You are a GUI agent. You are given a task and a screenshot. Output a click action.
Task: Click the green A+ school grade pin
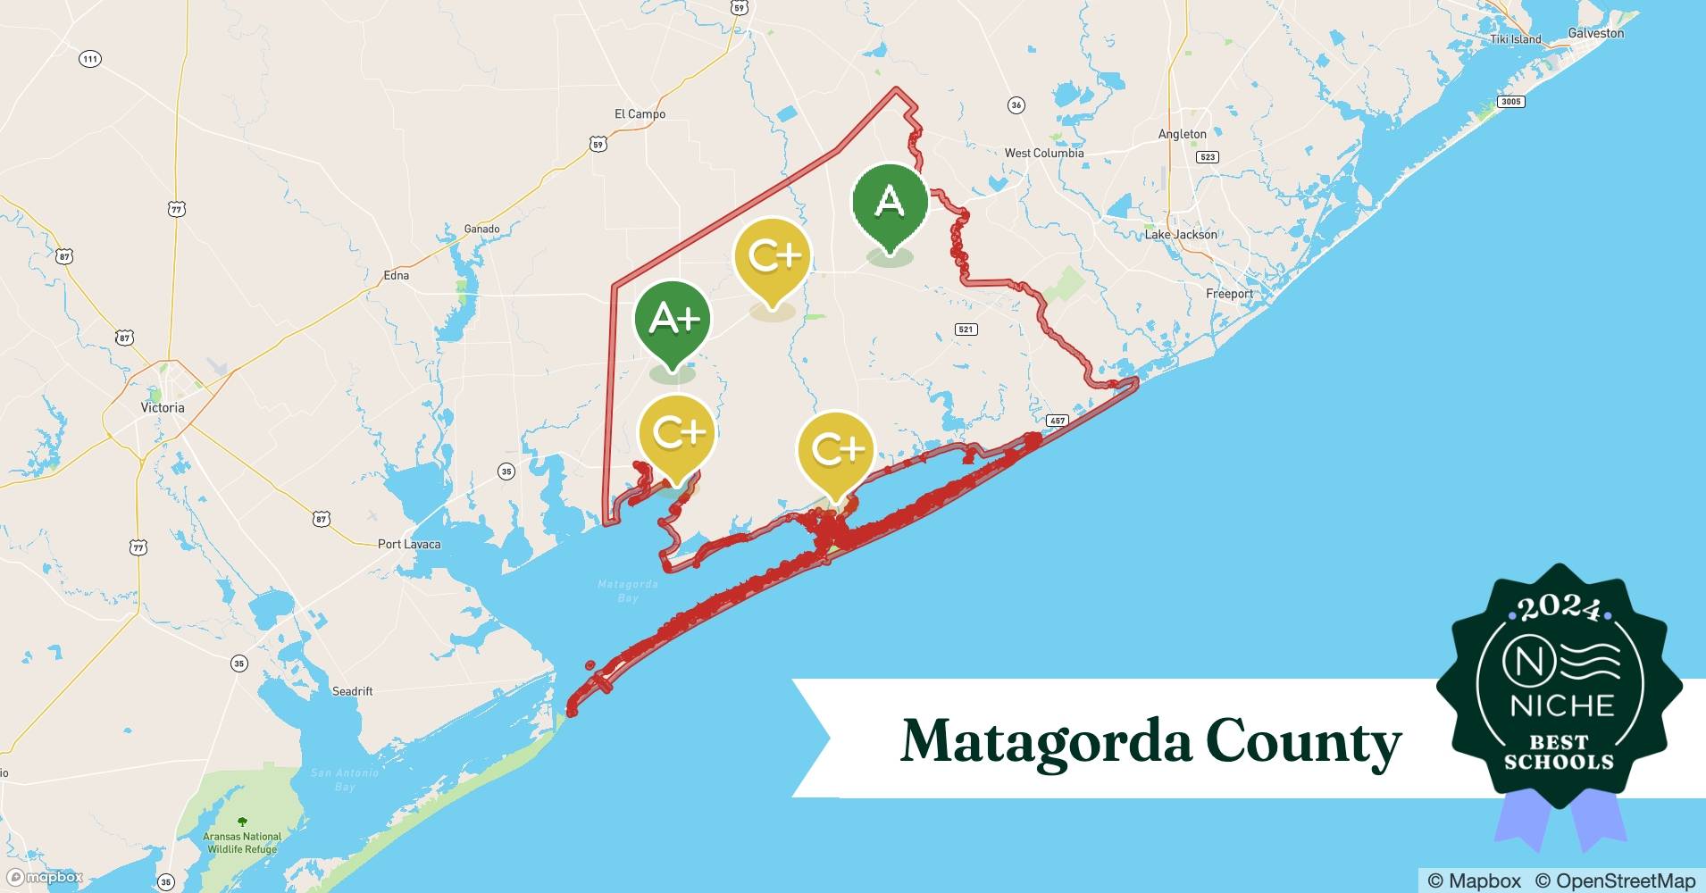pos(673,319)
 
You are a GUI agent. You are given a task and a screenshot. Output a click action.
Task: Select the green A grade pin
pos(890,203)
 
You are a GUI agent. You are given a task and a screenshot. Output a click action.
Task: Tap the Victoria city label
pos(163,408)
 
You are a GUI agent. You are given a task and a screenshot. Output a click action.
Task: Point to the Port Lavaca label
pos(408,544)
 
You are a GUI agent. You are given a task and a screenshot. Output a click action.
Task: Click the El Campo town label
pos(640,114)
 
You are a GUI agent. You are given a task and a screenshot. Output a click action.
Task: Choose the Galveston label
pos(1596,33)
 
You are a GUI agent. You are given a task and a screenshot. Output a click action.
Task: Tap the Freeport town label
pos(1229,294)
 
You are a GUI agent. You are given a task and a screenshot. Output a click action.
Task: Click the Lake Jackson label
pos(1181,235)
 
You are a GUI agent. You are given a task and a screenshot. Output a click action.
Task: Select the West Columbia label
pos(1044,153)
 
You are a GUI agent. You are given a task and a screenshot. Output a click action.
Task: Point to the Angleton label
pos(1182,134)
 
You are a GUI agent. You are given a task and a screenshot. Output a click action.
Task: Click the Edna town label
pos(396,276)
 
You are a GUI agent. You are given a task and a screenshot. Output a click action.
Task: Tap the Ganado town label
pos(481,230)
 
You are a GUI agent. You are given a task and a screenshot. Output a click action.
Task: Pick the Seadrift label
pos(352,691)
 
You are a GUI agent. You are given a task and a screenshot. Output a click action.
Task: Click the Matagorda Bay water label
pos(627,590)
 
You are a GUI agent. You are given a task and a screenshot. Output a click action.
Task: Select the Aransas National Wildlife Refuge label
pos(242,843)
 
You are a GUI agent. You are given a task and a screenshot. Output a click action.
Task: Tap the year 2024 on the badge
pos(1559,608)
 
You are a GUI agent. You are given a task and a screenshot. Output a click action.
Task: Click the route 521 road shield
pos(966,330)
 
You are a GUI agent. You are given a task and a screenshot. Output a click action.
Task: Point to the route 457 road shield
pos(1058,421)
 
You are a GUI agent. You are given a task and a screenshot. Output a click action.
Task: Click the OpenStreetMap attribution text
pos(1615,880)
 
